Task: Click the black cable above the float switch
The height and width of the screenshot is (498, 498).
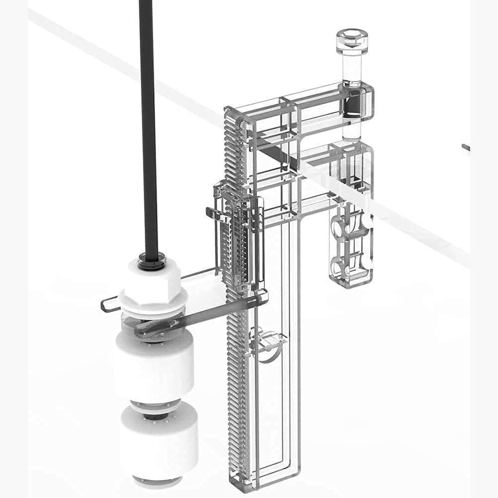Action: pos(148,124)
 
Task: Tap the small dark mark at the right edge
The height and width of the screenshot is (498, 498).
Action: pos(465,147)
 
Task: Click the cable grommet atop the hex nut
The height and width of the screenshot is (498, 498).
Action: pos(152,259)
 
